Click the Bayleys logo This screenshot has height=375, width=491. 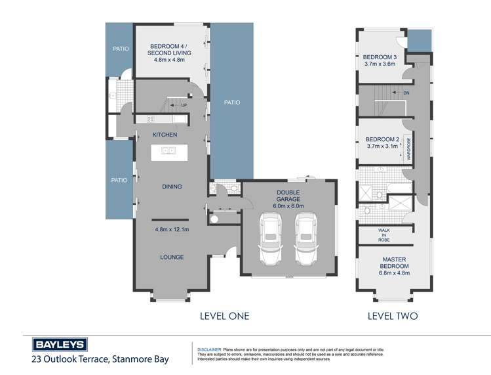click(x=59, y=345)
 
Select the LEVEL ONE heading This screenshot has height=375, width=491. click(x=224, y=316)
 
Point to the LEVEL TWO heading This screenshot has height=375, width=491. click(x=393, y=316)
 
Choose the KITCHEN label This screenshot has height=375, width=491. click(x=165, y=135)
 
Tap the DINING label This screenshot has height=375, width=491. click(x=172, y=187)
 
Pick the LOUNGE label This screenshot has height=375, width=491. click(x=172, y=257)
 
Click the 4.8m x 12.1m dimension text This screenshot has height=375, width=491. click(x=172, y=229)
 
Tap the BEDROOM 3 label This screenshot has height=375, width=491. click(x=380, y=57)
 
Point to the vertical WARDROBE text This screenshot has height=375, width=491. click(x=409, y=149)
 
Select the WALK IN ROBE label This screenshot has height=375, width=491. click(x=384, y=235)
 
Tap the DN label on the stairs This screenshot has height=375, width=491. click(x=406, y=93)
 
